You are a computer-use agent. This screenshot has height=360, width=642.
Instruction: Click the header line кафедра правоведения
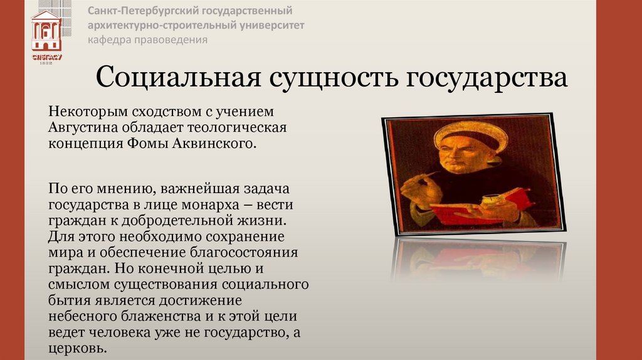[x=147, y=40]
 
